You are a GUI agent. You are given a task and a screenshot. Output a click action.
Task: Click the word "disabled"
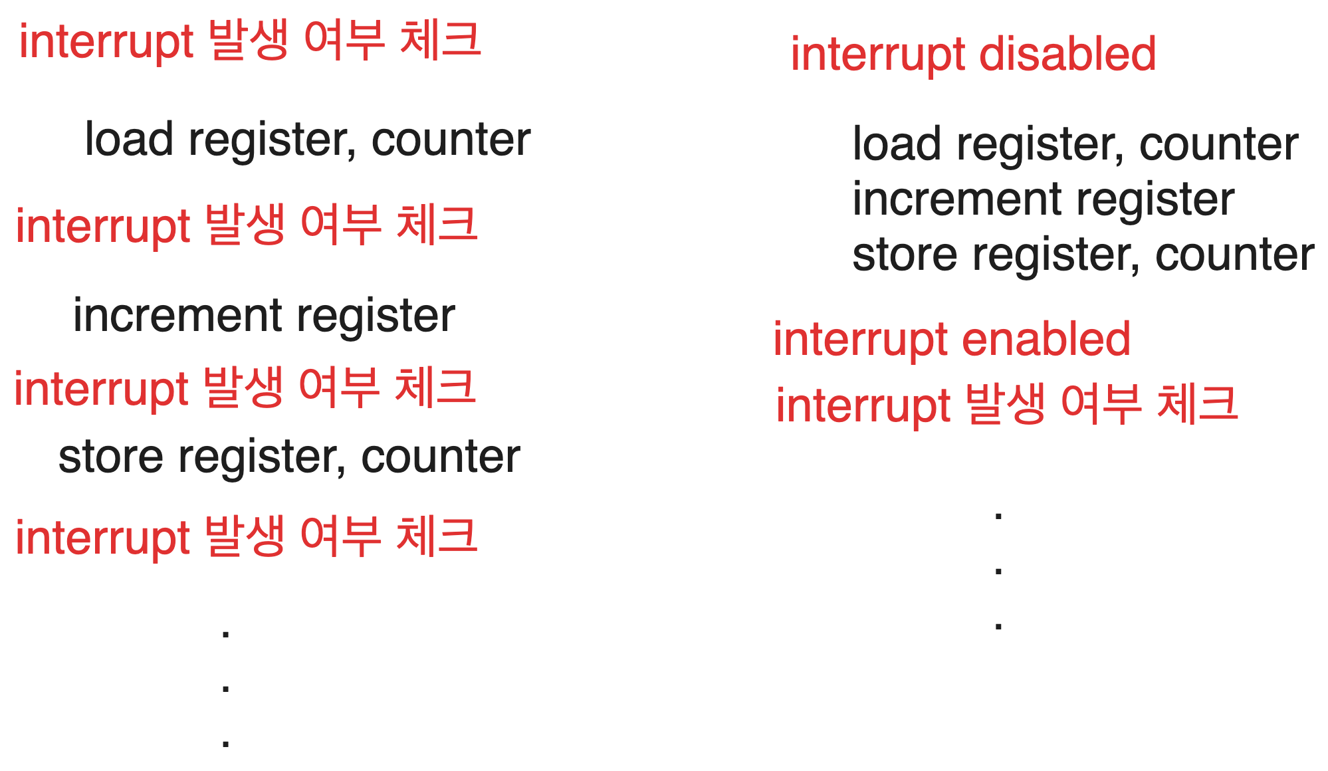1067,55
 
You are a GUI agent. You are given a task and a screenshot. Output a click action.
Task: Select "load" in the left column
129,140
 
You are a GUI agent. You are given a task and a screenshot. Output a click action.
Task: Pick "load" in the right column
897,144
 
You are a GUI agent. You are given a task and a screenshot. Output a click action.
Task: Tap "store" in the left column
110,457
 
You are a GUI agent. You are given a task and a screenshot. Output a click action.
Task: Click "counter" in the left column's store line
441,457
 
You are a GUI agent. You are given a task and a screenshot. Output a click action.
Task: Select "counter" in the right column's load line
1219,144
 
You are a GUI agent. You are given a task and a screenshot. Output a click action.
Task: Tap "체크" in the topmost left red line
441,40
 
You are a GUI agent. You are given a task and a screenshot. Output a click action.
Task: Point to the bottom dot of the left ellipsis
226,742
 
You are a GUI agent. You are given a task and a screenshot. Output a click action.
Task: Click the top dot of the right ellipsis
998,515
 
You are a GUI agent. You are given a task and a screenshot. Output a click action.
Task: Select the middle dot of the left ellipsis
226,688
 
